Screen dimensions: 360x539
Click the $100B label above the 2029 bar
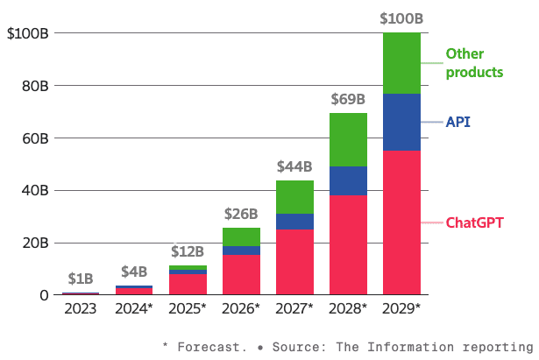401,18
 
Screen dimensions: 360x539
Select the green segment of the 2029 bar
401,63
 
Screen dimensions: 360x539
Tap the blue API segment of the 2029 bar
401,122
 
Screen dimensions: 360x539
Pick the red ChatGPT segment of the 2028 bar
348,244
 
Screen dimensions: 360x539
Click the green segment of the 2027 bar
294,196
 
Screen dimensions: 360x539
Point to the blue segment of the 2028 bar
348,180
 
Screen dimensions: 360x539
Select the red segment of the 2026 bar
241,274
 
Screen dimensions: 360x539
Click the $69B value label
348,99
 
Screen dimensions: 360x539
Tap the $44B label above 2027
294,166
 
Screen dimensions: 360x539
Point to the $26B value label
241,213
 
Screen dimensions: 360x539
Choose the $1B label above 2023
81,279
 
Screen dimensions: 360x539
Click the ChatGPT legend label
475,222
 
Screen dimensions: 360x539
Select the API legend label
458,122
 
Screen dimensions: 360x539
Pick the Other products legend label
474,63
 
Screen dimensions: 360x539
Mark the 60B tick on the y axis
32,138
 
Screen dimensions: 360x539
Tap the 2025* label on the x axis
188,308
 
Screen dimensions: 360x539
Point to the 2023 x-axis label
81,308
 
